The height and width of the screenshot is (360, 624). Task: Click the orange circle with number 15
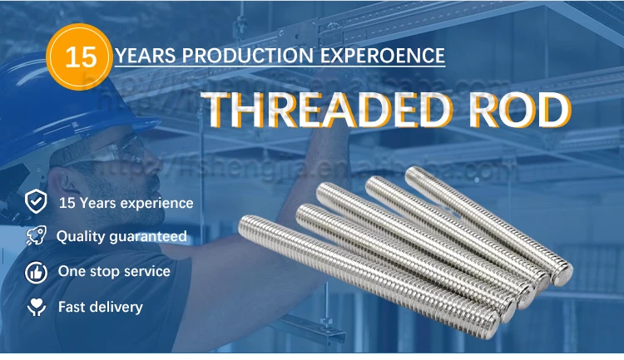[x=81, y=57]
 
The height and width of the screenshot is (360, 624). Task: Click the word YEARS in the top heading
[x=146, y=57]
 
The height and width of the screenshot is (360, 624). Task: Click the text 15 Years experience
[x=126, y=202]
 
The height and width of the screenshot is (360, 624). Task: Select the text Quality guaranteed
[x=121, y=236]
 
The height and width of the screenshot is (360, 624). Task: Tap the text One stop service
[x=114, y=271]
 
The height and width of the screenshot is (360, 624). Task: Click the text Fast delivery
[x=101, y=307]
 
